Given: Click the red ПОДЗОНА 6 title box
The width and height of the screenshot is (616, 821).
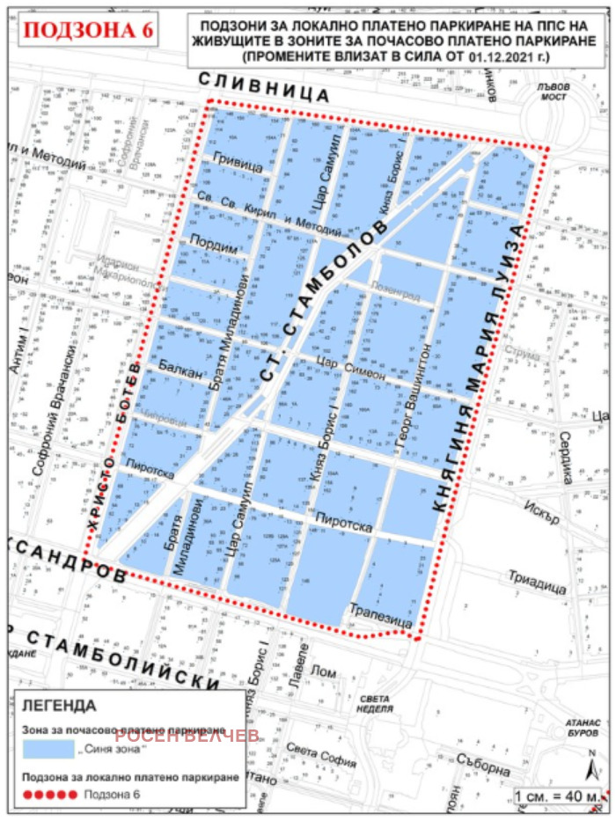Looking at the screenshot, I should (x=89, y=30).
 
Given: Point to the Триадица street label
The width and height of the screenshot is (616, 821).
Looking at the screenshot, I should (x=536, y=583).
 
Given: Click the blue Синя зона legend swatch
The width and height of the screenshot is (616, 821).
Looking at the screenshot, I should (x=48, y=749).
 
